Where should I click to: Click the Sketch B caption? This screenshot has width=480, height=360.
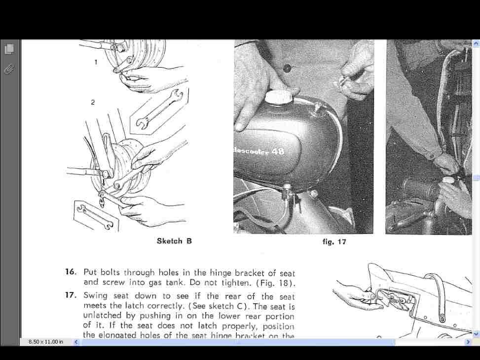[174, 241]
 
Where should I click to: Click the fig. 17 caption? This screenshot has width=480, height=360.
[334, 242]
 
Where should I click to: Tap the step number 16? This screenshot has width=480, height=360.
[71, 272]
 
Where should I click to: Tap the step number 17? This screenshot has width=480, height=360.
[71, 295]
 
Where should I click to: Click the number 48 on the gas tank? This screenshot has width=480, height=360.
[278, 151]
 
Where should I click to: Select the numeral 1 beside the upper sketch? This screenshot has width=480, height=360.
[96, 62]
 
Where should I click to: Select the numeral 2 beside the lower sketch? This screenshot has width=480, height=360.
[93, 102]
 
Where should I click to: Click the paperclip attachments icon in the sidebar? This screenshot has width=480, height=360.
[9, 69]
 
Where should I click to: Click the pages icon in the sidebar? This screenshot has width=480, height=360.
[9, 49]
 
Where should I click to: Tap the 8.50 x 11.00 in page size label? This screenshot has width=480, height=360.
[46, 342]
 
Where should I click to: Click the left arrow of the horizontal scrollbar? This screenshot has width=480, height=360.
[76, 342]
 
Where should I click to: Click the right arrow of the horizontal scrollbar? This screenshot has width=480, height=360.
[468, 342]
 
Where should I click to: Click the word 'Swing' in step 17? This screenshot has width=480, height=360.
[95, 296]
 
